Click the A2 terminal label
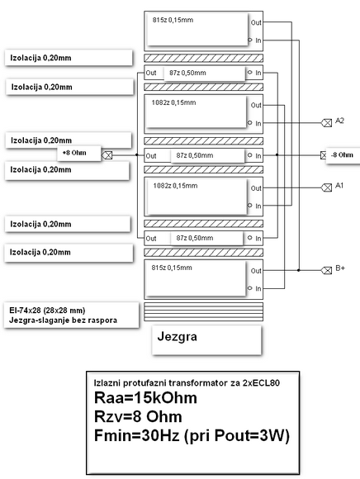click(339, 121)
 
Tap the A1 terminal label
click(339, 187)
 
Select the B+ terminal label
click(339, 270)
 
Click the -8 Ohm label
click(341, 154)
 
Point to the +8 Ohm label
click(73, 154)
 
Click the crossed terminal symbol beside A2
click(326, 122)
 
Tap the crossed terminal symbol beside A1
click(326, 187)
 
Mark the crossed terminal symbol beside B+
click(326, 270)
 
